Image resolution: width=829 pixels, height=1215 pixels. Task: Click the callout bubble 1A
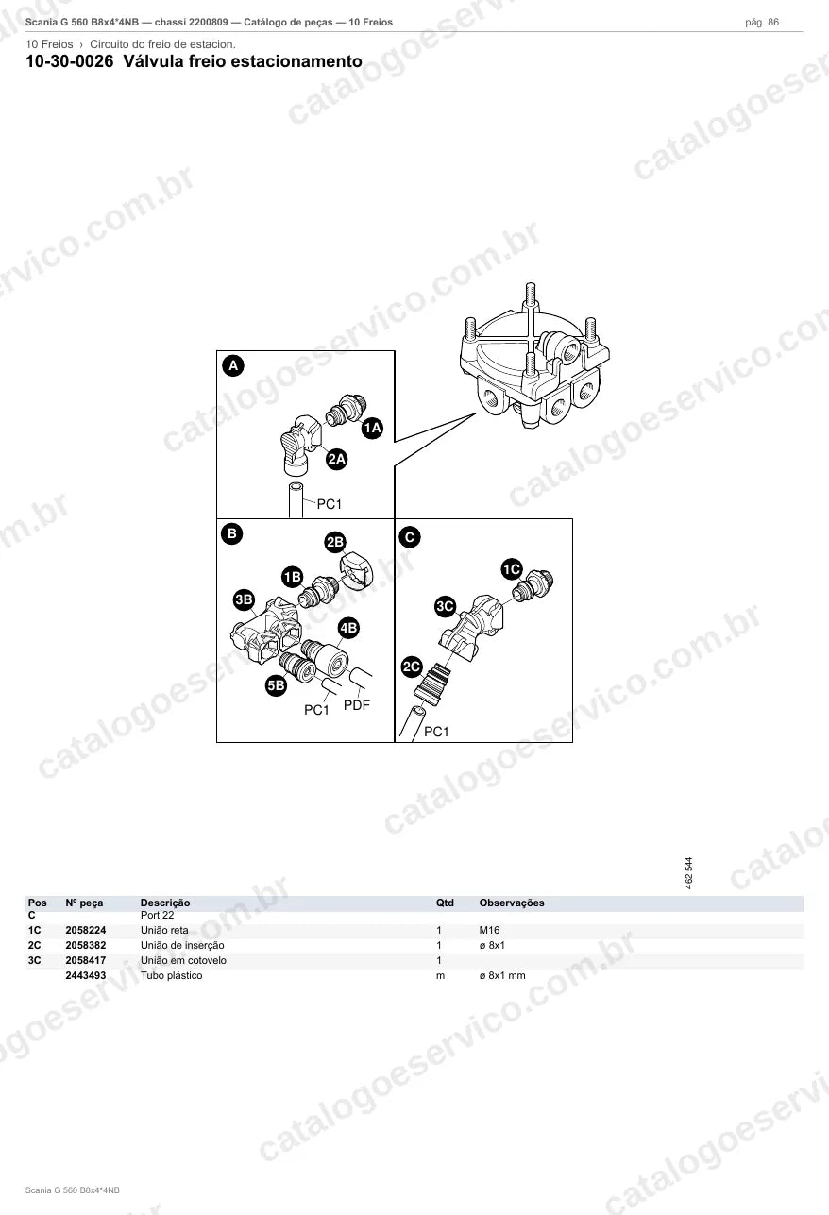[372, 428]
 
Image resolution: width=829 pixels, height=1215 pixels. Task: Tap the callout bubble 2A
[336, 460]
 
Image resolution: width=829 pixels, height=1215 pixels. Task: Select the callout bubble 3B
[244, 599]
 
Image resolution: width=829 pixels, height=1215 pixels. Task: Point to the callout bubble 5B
[276, 685]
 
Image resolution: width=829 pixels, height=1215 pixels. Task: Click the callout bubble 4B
[348, 628]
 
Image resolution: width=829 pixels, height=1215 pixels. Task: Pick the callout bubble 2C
[412, 667]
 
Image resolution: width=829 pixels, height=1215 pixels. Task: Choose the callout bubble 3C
[445, 606]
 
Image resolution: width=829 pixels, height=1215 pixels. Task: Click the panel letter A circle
[233, 365]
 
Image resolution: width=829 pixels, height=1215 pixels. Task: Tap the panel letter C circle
[410, 537]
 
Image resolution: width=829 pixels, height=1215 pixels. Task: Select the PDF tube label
[357, 705]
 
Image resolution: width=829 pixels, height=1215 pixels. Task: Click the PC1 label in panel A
[330, 504]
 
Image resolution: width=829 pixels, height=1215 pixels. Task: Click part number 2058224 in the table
[86, 930]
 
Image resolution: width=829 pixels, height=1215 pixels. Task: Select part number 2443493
[86, 975]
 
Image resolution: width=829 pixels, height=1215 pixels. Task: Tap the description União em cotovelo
[183, 960]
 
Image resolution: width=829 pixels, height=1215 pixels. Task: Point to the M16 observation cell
[489, 930]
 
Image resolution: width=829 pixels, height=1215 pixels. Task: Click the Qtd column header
[445, 903]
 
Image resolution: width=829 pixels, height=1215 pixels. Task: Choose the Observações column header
[512, 903]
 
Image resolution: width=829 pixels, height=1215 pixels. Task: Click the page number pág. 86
[762, 23]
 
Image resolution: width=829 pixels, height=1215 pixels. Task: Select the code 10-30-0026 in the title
[70, 61]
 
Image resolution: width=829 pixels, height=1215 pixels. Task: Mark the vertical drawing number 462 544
[689, 872]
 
